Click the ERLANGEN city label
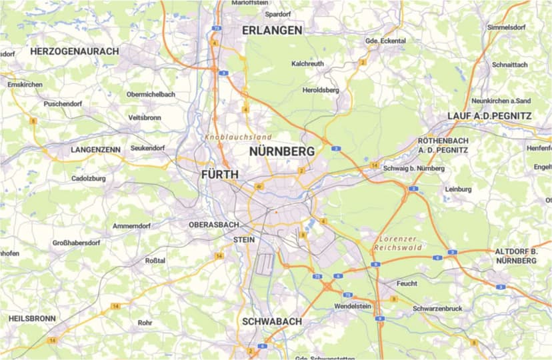(x=272, y=30)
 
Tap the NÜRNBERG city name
(x=281, y=152)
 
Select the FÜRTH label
(x=219, y=175)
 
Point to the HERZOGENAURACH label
(x=74, y=51)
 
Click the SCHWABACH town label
(x=271, y=321)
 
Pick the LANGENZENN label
(x=95, y=150)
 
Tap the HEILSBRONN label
(x=32, y=319)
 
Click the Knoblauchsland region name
(x=233, y=137)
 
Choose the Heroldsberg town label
(x=321, y=90)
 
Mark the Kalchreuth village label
(x=308, y=64)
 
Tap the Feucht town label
(x=407, y=283)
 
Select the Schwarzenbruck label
(x=437, y=309)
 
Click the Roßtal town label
(x=155, y=261)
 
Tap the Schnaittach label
(x=509, y=65)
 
